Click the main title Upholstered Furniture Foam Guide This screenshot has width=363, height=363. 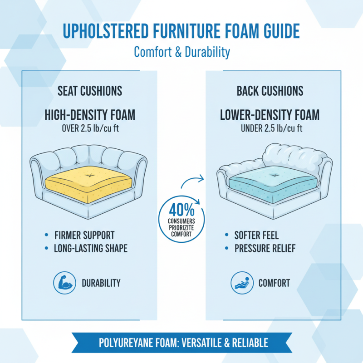pos(181,31)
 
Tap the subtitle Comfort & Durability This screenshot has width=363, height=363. pos(181,52)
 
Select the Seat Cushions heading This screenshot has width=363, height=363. pos(90,91)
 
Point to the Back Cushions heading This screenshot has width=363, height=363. pos(270,91)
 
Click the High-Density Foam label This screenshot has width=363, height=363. pos(90,115)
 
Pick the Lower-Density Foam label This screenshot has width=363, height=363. pos(270,115)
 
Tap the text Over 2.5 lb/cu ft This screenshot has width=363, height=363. pos(90,128)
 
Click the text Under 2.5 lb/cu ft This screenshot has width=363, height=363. pos(270,128)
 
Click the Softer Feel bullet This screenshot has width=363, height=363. pos(256,235)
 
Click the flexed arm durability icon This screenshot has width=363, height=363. pos(63,283)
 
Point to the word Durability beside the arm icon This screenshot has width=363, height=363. pos(101,283)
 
